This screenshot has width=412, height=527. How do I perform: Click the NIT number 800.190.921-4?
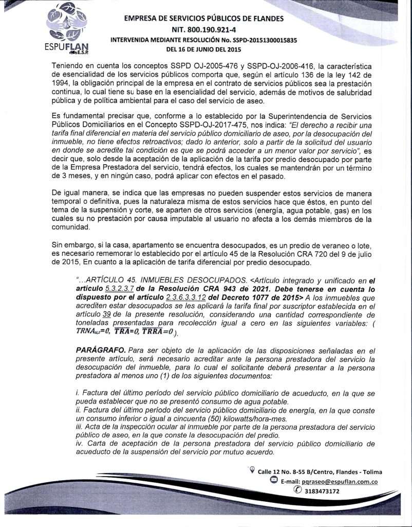point(203,29)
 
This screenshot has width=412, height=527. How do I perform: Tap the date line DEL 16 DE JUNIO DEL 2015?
point(203,49)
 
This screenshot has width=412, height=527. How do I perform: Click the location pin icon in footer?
point(252,470)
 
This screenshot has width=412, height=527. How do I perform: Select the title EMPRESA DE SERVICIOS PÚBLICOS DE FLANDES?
point(203,19)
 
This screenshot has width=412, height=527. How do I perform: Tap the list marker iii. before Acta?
point(79,427)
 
